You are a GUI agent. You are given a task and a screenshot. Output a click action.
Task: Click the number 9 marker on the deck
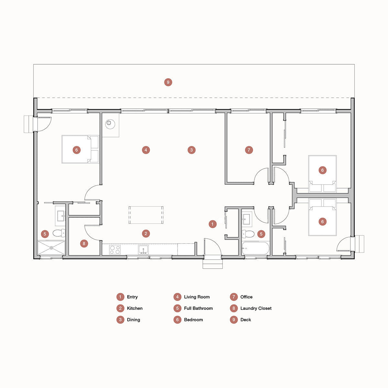pyautogui.click(x=168, y=82)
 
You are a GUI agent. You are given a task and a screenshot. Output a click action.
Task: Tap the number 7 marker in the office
pyautogui.click(x=249, y=150)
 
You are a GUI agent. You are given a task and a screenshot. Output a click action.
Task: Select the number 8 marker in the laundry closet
pyautogui.click(x=84, y=244)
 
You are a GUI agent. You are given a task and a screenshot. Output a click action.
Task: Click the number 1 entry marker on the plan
pyautogui.click(x=212, y=224)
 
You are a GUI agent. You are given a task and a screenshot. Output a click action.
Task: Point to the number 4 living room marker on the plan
pyautogui.click(x=146, y=150)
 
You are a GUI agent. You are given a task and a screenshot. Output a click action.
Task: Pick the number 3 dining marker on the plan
pyautogui.click(x=191, y=150)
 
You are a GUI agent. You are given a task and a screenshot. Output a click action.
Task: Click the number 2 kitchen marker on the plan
pyautogui.click(x=146, y=233)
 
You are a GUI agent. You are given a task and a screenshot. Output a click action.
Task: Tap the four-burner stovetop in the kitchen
pyautogui.click(x=115, y=250)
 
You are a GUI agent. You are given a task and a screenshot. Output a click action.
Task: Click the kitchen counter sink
pyautogui.click(x=143, y=250)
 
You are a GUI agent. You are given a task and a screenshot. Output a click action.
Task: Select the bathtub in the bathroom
pyautogui.click(x=255, y=248)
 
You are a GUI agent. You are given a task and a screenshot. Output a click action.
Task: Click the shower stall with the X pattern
pyautogui.click(x=51, y=248)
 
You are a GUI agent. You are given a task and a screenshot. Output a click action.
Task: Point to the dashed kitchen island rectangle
pyautogui.click(x=146, y=215)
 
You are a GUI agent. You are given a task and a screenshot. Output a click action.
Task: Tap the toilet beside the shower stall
pyautogui.click(x=59, y=233)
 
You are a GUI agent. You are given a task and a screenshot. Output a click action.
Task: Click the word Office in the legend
pyautogui.click(x=246, y=297)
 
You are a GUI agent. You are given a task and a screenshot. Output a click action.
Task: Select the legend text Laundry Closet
pyautogui.click(x=256, y=308)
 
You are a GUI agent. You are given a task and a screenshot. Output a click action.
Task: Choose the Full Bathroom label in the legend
pyautogui.click(x=198, y=308)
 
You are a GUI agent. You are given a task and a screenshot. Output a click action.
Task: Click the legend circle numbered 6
pyautogui.click(x=178, y=320)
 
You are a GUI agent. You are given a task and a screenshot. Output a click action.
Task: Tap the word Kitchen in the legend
pyautogui.click(x=135, y=308)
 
